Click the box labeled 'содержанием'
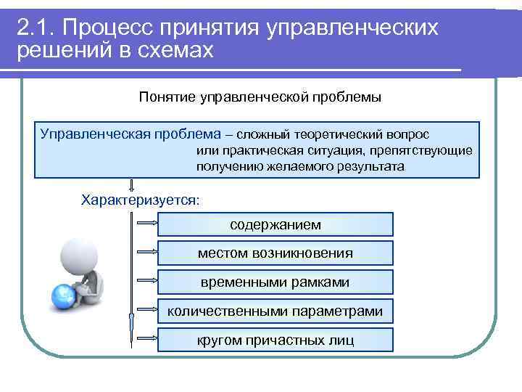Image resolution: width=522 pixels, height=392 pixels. coord(275,224)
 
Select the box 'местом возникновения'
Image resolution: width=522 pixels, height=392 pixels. coord(275,253)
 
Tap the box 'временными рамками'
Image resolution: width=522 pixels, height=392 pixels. coord(275,282)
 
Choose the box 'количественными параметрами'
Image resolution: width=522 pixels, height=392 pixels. coord(275,311)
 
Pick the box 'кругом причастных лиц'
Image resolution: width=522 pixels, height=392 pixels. coord(275,339)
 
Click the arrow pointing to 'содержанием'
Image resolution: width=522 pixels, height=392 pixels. coord(146,224)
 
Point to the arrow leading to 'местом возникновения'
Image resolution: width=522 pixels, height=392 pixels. coord(146,253)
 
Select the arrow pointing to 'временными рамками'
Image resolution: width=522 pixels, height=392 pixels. coord(146,282)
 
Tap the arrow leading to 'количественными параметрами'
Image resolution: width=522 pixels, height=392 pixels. coord(146,311)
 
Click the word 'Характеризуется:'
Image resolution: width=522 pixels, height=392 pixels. coord(140,200)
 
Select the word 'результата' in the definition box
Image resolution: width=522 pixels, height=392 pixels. coord(370,166)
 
